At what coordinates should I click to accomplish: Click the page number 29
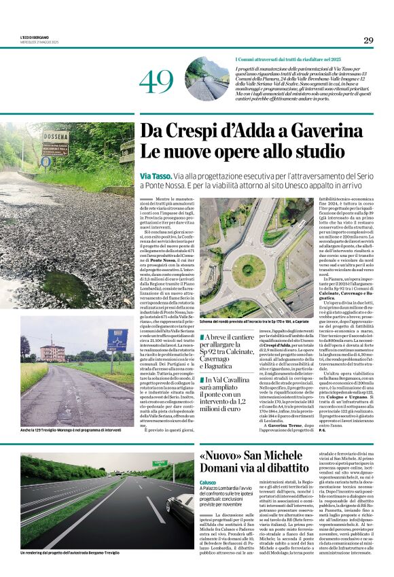coord(368,40)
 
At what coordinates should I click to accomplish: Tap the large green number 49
coord(156,82)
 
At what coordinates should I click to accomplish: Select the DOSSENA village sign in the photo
coord(55,143)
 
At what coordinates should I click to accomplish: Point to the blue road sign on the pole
coord(116,338)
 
